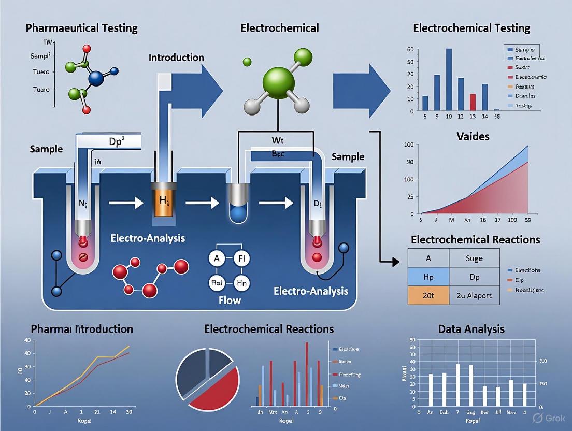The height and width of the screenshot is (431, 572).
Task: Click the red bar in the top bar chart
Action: pyautogui.click(x=473, y=102)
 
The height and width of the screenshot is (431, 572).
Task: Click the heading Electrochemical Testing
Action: pyautogui.click(x=472, y=28)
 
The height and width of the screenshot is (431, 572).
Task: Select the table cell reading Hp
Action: pyautogui.click(x=428, y=276)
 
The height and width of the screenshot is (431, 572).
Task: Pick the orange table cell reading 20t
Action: pyautogui.click(x=428, y=295)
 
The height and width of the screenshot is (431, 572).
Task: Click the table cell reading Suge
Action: pyautogui.click(x=474, y=257)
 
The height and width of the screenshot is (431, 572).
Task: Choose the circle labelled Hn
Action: pyautogui.click(x=241, y=282)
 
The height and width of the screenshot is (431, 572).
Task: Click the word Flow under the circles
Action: pyautogui.click(x=230, y=300)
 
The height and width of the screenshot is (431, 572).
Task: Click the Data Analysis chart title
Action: pyautogui.click(x=471, y=328)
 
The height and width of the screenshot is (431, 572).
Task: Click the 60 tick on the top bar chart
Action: pyautogui.click(x=410, y=49)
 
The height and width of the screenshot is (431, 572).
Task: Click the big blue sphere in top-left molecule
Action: pyautogui.click(x=96, y=78)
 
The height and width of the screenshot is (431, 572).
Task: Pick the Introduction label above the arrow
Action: pyautogui.click(x=176, y=58)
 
